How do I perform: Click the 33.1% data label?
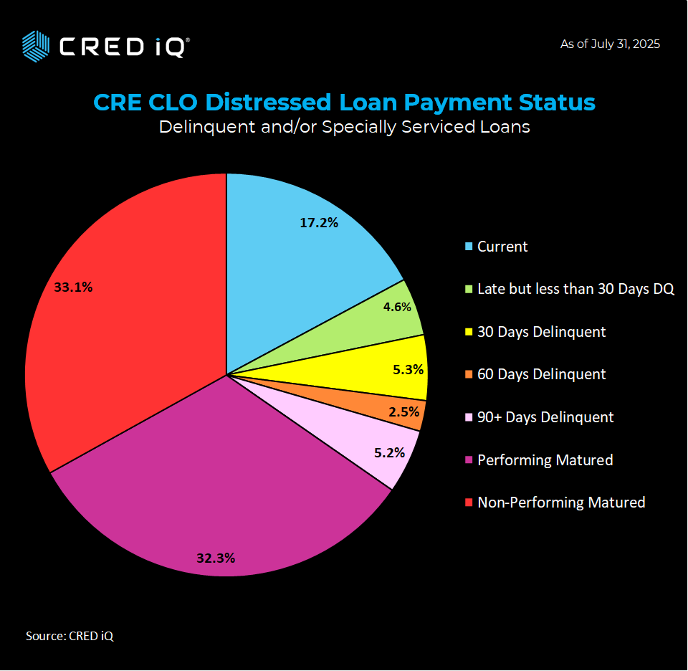(73, 287)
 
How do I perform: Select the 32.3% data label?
(216, 558)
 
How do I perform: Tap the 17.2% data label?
(319, 222)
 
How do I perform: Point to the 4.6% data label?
(396, 307)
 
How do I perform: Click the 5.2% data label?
(389, 452)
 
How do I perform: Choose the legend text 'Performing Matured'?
(545, 460)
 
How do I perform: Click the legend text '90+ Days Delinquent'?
(545, 417)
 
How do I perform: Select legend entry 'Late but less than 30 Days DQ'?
(575, 290)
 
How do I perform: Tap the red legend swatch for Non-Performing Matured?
(469, 503)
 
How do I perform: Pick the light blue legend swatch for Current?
(469, 247)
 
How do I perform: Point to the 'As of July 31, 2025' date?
(610, 44)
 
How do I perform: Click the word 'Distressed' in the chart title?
(269, 103)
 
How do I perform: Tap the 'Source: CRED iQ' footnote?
(70, 636)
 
